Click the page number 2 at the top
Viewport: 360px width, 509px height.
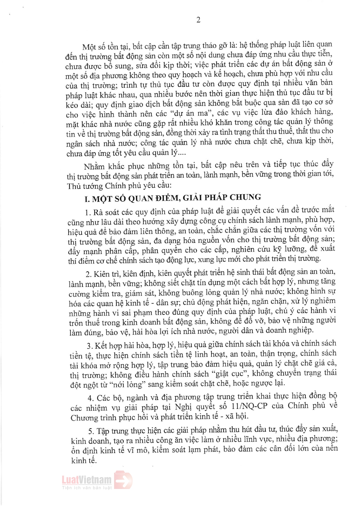click(198, 20)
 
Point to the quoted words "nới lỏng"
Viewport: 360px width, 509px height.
click(127, 384)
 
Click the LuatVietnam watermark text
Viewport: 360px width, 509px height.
click(87, 480)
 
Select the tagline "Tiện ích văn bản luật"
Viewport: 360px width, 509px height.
click(87, 488)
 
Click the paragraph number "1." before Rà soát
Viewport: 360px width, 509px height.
click(88, 213)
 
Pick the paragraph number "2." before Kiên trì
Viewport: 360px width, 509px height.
click(89, 274)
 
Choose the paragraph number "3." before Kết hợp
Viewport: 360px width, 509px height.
click(90, 346)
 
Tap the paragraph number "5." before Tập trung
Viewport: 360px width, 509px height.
click(91, 431)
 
